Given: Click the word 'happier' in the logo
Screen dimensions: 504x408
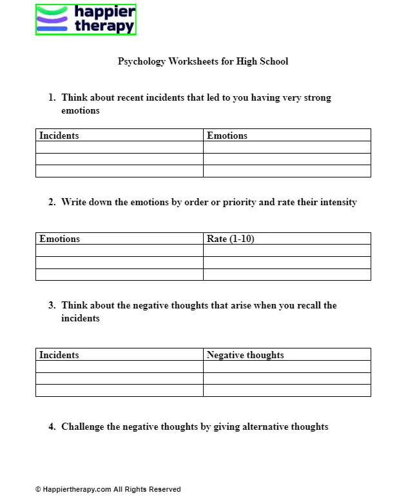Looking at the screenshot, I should pos(105,12).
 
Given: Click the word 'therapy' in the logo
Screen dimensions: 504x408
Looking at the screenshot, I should pos(104,26).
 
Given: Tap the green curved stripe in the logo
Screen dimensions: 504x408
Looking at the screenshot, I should pos(52,11).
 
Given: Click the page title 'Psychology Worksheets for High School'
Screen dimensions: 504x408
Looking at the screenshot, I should pos(203,61).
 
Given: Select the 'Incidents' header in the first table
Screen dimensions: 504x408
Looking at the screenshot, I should pos(59,136).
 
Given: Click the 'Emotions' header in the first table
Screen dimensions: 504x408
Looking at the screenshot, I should pos(227,136).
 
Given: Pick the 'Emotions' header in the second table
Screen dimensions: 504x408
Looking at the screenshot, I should pos(59,239).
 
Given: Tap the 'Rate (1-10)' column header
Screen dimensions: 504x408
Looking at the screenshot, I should pos(230,239).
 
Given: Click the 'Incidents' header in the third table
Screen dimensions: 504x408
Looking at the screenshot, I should pos(59,355).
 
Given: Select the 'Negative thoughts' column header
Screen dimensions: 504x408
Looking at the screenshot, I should pos(245,355).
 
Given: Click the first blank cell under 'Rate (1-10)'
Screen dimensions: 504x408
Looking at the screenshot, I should pos(287,250).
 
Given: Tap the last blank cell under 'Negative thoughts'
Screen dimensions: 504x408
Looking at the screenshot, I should pos(287,390).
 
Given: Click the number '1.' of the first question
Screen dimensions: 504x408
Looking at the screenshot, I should pos(52,98).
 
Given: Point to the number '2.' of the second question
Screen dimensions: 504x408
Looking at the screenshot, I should pos(52,202).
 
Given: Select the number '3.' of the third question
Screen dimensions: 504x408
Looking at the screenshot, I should pos(52,305).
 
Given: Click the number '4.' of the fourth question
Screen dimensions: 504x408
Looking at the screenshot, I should pos(52,427).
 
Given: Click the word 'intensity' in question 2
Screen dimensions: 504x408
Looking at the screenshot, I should pos(337,202).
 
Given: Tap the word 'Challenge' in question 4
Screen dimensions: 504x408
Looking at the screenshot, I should pos(83,427).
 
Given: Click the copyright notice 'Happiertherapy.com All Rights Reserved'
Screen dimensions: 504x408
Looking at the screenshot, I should pos(108,489).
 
